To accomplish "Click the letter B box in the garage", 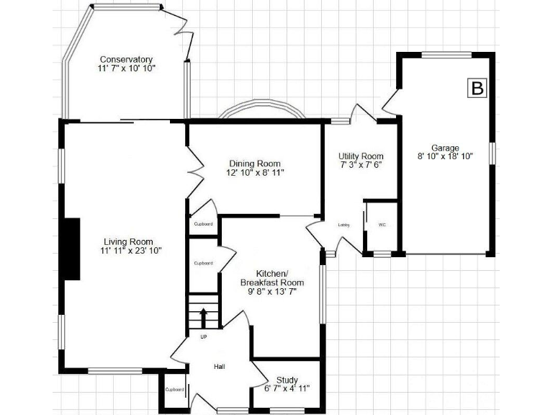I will [476, 88].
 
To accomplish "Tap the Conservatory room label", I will [127, 59].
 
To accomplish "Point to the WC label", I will [382, 225].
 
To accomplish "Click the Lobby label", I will [343, 226].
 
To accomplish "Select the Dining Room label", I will [254, 164].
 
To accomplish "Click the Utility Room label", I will [361, 156].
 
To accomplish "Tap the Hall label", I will [220, 367].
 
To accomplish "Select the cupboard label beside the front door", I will [175, 390].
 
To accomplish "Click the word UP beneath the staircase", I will [203, 336].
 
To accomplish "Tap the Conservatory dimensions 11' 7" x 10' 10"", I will [127, 68].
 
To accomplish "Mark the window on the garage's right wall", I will [493, 153].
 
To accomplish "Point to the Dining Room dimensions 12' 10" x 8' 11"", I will [254, 173].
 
